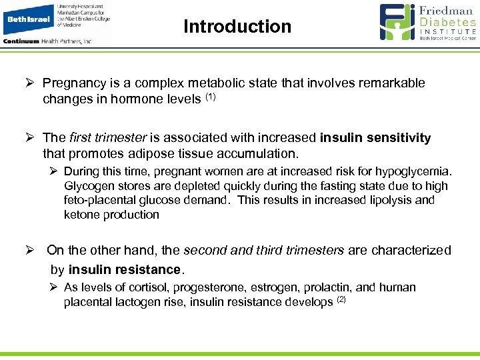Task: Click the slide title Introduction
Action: click(237, 27)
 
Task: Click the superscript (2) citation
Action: click(341, 300)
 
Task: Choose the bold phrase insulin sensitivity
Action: click(375, 138)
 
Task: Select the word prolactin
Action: click(327, 287)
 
